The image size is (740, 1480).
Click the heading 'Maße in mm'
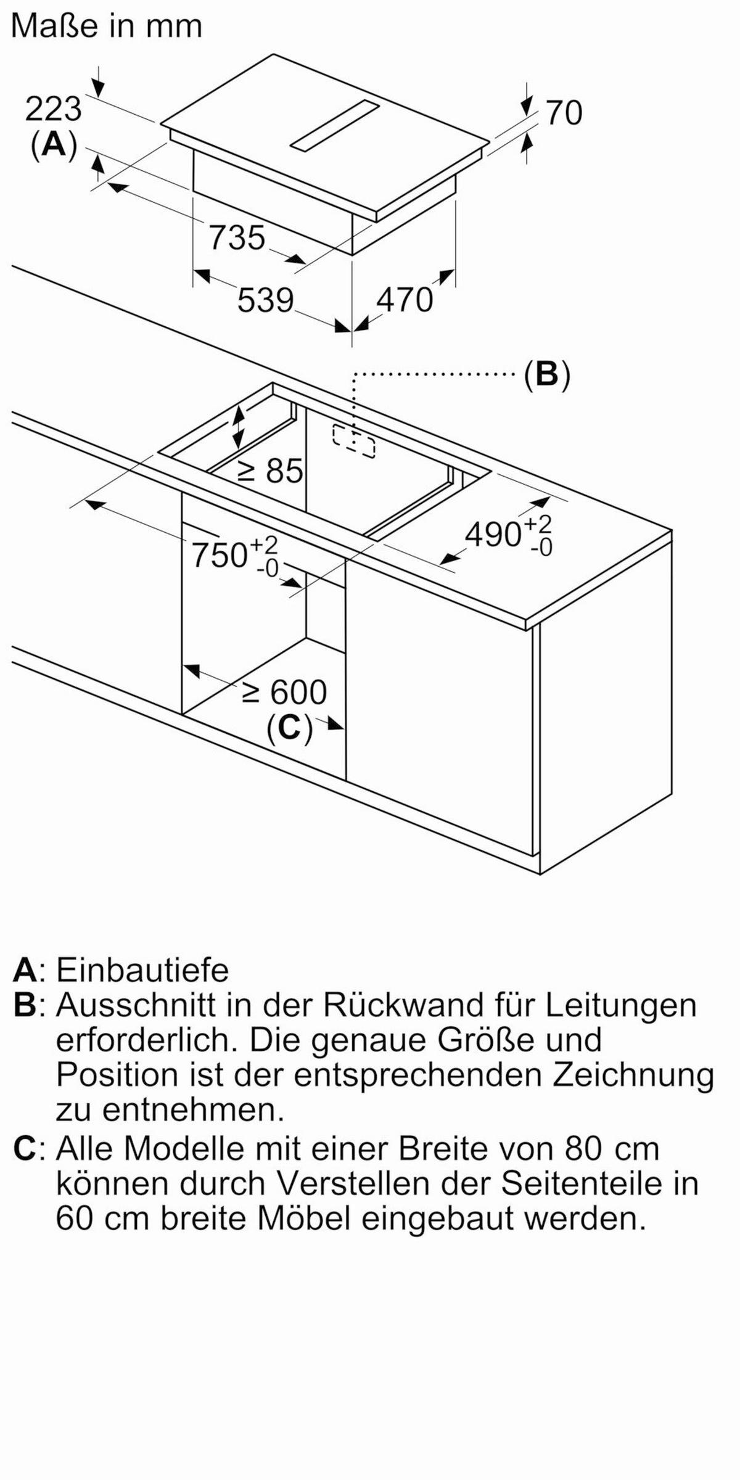pos(107,26)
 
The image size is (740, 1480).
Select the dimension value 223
pos(53,110)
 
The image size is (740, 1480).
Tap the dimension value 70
pos(564,113)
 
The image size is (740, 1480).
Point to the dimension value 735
pos(237,238)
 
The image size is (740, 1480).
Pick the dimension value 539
pos(266,301)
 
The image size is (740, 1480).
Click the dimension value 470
pos(405,300)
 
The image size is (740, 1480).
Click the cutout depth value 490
pos(493,534)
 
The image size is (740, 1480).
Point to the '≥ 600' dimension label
pos(284,693)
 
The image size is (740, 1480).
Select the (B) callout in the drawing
pos(547,374)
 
